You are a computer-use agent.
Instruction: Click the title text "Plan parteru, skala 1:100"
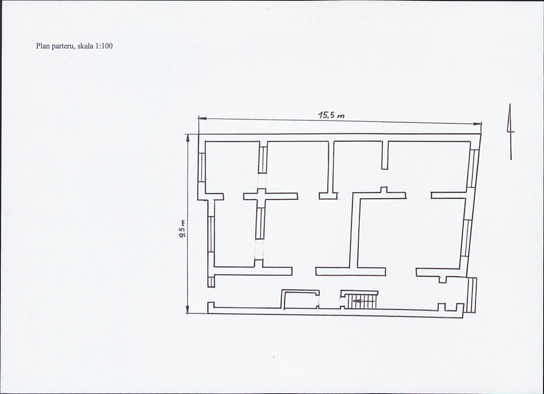pos(74,46)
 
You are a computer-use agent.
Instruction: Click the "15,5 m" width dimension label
pos(331,115)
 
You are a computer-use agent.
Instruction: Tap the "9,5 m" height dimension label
pos(182,229)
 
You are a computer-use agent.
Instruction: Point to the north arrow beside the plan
pos(510,132)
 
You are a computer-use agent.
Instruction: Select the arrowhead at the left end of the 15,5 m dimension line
pos(202,118)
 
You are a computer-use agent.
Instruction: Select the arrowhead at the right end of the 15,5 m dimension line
pos(477,124)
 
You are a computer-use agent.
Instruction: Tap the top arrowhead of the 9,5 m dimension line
pos(188,139)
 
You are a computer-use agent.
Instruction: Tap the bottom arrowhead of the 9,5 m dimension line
pos(188,309)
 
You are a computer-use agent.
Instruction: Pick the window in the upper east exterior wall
pos(472,168)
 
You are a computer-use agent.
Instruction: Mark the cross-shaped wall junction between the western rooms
pos(261,196)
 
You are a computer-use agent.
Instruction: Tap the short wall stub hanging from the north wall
pos(385,155)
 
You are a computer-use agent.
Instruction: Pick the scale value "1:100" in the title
pos(104,46)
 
